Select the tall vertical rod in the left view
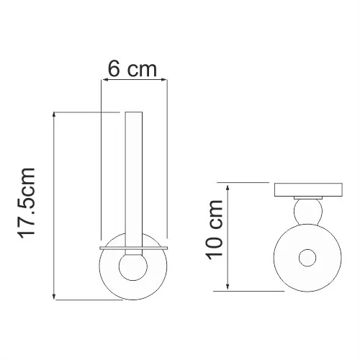[x=135, y=180]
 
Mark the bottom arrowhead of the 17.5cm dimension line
[x=55, y=297]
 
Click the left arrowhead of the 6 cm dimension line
[x=103, y=81]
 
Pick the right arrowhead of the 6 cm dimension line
[x=166, y=81]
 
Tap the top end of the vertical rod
[x=135, y=113]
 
